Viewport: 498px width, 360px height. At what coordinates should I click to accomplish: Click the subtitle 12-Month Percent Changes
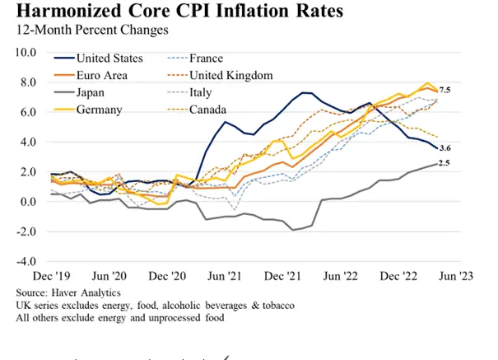pyautogui.click(x=86, y=30)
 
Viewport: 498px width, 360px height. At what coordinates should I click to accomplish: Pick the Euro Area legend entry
pyautogui.click(x=102, y=76)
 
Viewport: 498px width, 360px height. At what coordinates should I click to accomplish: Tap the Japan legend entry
pyautogui.click(x=92, y=93)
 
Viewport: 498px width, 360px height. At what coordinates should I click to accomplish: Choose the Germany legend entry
pyautogui.click(x=100, y=110)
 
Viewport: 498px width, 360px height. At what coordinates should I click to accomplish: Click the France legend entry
pyautogui.click(x=206, y=58)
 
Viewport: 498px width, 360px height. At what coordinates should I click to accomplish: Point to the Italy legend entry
pyautogui.click(x=201, y=93)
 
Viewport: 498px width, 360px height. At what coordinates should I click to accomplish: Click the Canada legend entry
pyautogui.click(x=207, y=110)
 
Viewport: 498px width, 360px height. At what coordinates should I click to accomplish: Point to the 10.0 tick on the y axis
pyautogui.click(x=27, y=52)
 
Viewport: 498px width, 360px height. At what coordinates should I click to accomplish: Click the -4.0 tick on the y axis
pyautogui.click(x=27, y=261)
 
